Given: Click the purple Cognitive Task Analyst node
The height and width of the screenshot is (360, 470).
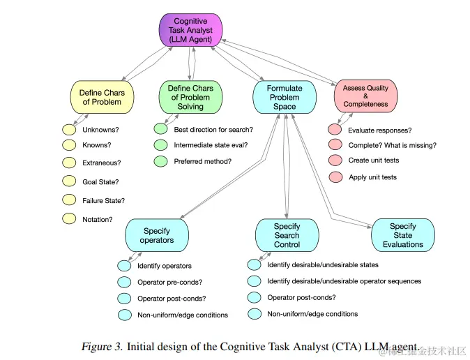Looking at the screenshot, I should (190, 31).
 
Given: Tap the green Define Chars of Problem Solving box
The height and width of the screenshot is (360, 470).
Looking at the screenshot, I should (190, 97).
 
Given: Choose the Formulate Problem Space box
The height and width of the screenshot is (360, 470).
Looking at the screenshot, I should (285, 97).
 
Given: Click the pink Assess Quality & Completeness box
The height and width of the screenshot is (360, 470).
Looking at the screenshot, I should (365, 96).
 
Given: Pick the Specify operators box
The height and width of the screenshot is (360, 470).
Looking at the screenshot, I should (156, 235).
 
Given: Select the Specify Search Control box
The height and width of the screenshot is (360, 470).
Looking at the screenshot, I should (287, 235).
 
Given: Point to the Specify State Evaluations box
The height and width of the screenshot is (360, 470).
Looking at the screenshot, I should (402, 235).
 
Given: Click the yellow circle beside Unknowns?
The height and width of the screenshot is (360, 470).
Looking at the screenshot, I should (69, 130).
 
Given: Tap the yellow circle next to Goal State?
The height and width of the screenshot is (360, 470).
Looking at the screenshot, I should (69, 181).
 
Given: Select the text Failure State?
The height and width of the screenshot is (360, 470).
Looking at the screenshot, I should (103, 201).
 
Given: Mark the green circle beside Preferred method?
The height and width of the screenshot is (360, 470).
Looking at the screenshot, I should (161, 161).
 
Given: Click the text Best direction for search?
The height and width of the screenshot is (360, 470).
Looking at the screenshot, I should (213, 130).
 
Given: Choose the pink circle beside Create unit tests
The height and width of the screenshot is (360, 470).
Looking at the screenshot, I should (335, 160).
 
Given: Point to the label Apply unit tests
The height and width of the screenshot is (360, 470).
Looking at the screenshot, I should (372, 177).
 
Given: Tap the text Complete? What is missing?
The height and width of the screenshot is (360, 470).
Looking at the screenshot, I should (393, 145).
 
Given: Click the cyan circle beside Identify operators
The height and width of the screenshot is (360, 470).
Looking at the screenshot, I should (124, 266).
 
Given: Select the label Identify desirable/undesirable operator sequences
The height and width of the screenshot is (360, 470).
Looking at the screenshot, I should (344, 281).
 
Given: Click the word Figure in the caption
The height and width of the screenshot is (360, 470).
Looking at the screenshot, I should (96, 346).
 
